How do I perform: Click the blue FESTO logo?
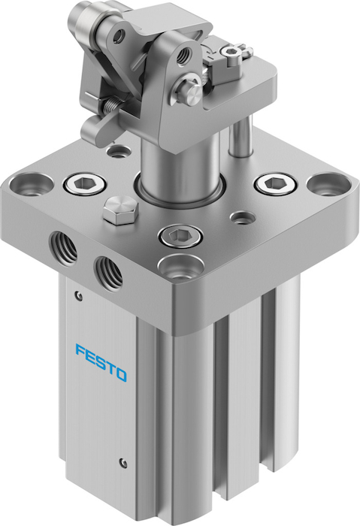[x=101, y=364]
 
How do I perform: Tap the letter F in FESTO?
[x=80, y=351]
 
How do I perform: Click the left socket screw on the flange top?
[x=85, y=185]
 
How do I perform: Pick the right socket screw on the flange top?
[x=276, y=184]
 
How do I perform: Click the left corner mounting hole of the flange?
[x=32, y=185]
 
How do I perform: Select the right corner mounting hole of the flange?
[x=329, y=186]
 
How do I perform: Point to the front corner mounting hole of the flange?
[x=181, y=268]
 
